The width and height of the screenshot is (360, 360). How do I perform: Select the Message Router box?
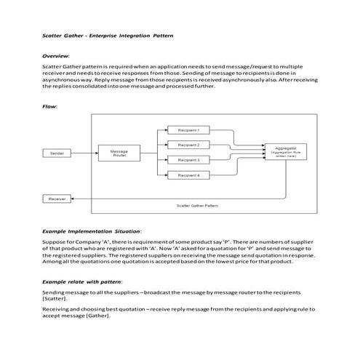click(119, 153)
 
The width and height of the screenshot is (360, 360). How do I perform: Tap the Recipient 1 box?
click(188, 130)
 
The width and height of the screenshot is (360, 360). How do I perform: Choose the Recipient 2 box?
click(188, 145)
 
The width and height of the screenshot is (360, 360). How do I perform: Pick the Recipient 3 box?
click(188, 160)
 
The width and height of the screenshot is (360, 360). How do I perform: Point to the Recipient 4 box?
click(188, 175)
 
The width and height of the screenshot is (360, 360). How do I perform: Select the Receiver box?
click(57, 199)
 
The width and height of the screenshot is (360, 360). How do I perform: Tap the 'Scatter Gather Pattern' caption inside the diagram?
click(196, 206)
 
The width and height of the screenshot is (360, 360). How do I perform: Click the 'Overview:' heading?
click(56, 55)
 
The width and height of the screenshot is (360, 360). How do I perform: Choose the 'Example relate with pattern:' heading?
click(82, 280)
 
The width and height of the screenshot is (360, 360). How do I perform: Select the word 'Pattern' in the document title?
click(163, 34)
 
